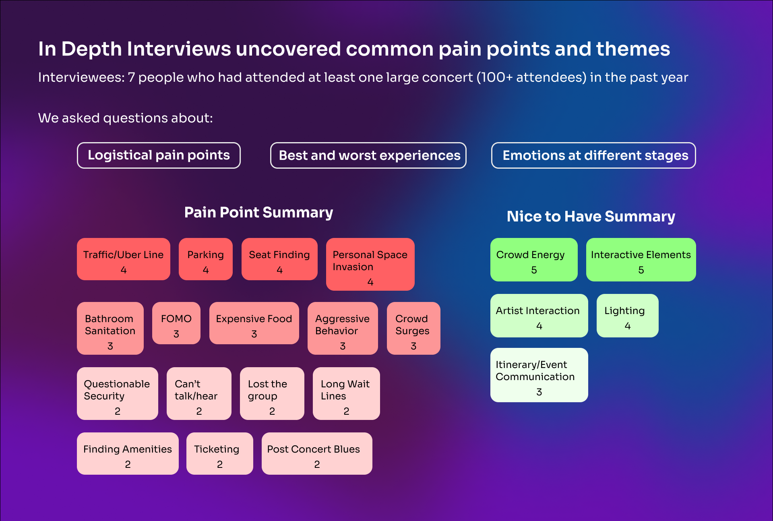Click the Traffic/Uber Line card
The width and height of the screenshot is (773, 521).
tap(124, 259)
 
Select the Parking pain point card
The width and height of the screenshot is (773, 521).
tap(206, 259)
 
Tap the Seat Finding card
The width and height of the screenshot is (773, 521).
tap(279, 259)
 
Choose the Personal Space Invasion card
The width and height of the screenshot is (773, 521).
tap(370, 265)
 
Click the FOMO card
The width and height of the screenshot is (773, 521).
tap(176, 323)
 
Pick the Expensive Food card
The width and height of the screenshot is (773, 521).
tap(254, 323)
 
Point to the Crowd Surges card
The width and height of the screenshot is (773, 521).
tap(413, 329)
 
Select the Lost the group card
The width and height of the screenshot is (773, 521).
tap(272, 394)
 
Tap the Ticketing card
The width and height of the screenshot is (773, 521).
tap(220, 454)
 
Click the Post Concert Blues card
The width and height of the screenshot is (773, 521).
tap(317, 454)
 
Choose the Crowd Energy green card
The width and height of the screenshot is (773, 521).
tap(534, 260)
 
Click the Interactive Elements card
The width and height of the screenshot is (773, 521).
tap(641, 260)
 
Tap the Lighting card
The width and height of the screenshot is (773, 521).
tap(628, 316)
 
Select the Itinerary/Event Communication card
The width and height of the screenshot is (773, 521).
tap(539, 375)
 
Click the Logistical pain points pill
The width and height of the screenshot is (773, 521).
tap(159, 155)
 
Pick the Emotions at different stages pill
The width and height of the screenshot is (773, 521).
tap(593, 155)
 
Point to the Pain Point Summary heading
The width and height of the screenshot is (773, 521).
tap(258, 213)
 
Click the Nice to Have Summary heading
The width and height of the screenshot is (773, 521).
tap(591, 217)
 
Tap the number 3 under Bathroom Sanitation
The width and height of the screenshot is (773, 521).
tap(110, 346)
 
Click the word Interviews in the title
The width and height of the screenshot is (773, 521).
tap(179, 49)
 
